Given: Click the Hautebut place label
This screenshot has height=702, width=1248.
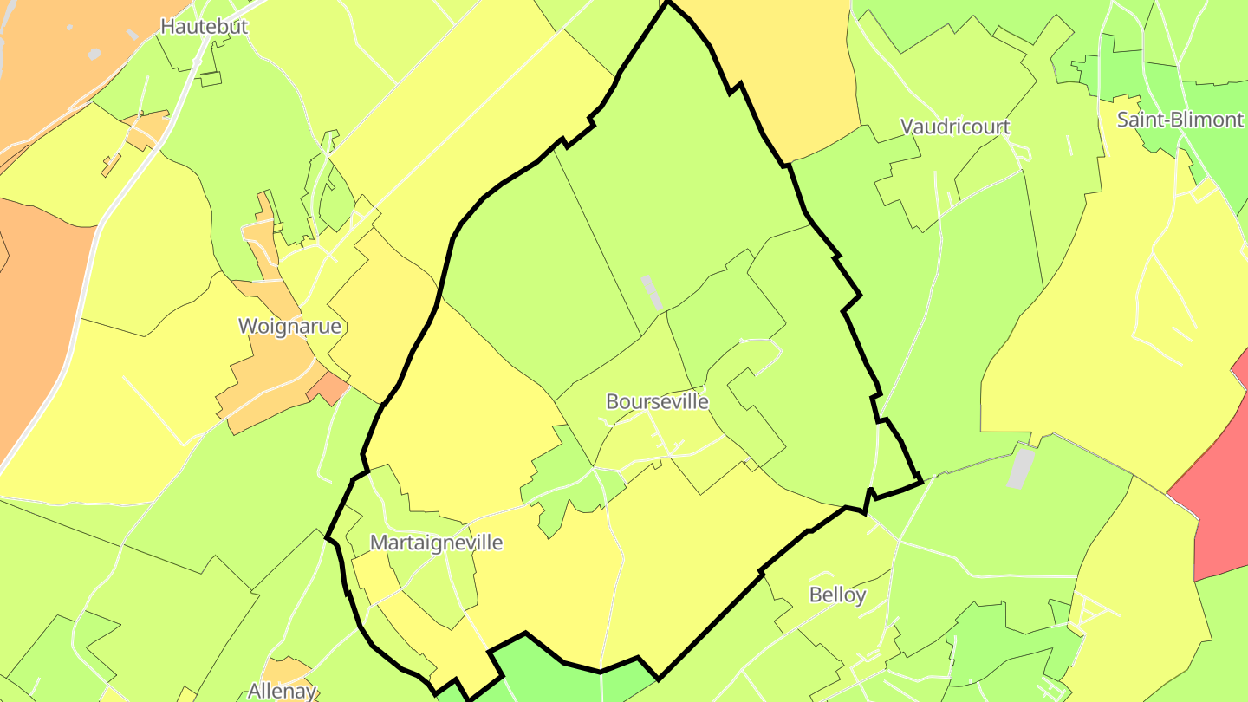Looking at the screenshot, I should pyautogui.click(x=205, y=26).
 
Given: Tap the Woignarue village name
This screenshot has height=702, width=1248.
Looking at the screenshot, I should pyautogui.click(x=289, y=327).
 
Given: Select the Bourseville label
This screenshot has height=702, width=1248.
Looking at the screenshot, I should pyautogui.click(x=657, y=402).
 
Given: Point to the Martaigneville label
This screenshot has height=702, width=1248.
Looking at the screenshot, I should pyautogui.click(x=436, y=543).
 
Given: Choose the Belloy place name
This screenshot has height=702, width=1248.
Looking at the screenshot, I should pyautogui.click(x=837, y=595).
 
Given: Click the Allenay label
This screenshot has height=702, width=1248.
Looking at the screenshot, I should pyautogui.click(x=282, y=691).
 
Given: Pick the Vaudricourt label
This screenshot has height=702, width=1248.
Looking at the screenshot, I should pyautogui.click(x=955, y=127).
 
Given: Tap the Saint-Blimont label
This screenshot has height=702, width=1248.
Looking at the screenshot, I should pyautogui.click(x=1180, y=120).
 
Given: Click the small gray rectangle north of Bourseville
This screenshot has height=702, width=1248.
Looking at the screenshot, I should pyautogui.click(x=651, y=292).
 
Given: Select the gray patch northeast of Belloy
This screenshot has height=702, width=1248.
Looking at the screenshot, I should pyautogui.click(x=1023, y=466).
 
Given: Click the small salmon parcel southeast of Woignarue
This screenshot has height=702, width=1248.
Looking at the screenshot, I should pyautogui.click(x=328, y=388).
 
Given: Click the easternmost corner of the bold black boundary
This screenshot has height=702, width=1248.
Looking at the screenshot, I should pyautogui.click(x=920, y=478).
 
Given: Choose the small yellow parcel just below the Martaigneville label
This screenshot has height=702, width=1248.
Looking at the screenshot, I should pyautogui.click(x=368, y=572).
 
